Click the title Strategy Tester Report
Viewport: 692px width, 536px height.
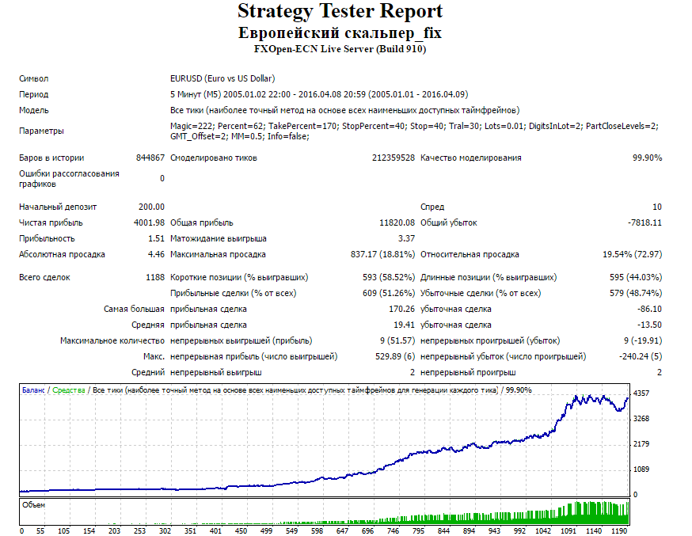[340, 12]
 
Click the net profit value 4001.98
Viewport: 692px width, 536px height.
[149, 222]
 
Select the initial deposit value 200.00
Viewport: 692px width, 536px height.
[151, 207]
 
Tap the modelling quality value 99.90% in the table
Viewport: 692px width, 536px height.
[647, 158]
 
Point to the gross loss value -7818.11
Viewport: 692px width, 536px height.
[644, 222]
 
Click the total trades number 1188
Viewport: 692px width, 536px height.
[155, 277]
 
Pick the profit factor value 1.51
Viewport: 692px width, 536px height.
[156, 238]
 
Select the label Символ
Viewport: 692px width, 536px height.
[33, 79]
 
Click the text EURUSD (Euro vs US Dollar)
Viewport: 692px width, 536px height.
[222, 78]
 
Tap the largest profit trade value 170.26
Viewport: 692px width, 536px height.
[401, 310]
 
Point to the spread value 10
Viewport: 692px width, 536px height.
[657, 207]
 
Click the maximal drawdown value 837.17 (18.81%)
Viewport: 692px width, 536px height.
[382, 255]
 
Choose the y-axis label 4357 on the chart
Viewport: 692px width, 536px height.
[641, 393]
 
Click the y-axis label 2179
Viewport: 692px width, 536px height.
[641, 444]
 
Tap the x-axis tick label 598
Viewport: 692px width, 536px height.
[317, 530]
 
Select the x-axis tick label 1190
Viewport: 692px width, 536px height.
[618, 530]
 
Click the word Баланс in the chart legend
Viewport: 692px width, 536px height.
[33, 390]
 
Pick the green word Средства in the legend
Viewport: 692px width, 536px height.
[68, 390]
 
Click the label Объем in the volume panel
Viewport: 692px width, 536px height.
[33, 505]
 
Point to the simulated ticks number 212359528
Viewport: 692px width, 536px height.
[394, 158]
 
